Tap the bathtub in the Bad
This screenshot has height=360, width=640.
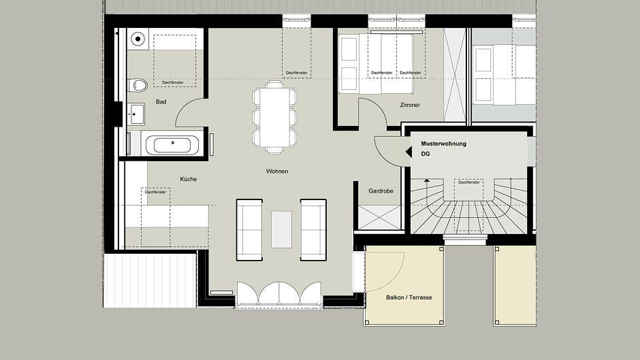172,145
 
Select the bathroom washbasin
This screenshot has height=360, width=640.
136,114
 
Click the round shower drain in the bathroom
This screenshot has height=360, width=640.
138,39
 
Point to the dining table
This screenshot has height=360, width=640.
274,118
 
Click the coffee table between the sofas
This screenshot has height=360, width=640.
282,229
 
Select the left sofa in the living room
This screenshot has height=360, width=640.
249,230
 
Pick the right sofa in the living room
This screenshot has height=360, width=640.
313,230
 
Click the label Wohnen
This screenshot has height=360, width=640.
277,171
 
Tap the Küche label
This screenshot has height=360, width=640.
188,179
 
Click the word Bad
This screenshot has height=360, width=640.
161,102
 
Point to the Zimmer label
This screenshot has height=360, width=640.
410,105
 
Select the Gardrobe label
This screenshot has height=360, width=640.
381,191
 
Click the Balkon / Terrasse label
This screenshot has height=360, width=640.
409,297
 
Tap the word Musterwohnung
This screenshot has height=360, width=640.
444,144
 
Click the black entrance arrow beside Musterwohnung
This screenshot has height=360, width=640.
408,152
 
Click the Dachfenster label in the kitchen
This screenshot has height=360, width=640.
155,192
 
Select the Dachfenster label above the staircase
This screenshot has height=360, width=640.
469,182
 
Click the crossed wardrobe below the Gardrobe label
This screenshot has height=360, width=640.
380,218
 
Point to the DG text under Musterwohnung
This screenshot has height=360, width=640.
426,154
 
